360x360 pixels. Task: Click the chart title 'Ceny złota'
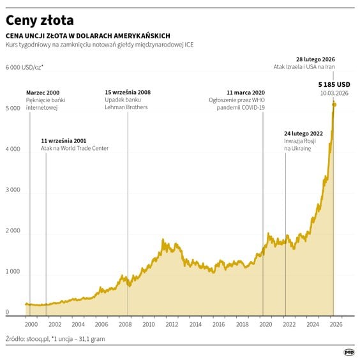tap(40, 20)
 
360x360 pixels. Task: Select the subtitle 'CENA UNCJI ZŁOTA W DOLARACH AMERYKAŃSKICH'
tap(87, 36)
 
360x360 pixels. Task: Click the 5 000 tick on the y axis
tap(13, 109)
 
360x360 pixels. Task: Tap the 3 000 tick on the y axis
tap(13, 190)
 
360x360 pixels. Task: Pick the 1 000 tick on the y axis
tap(13, 272)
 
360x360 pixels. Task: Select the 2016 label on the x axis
tap(219, 324)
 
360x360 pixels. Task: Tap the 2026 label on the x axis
tap(336, 324)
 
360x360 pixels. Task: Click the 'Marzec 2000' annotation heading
tap(44, 93)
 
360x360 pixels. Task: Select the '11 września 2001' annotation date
tap(63, 140)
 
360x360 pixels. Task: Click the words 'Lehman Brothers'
tap(126, 107)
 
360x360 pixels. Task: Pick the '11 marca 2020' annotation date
tap(245, 93)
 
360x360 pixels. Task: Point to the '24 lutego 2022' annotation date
tap(303, 133)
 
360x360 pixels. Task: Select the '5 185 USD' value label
tap(334, 84)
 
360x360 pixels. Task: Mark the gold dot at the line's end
tap(334, 104)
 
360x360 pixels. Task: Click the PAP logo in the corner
tap(349, 351)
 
